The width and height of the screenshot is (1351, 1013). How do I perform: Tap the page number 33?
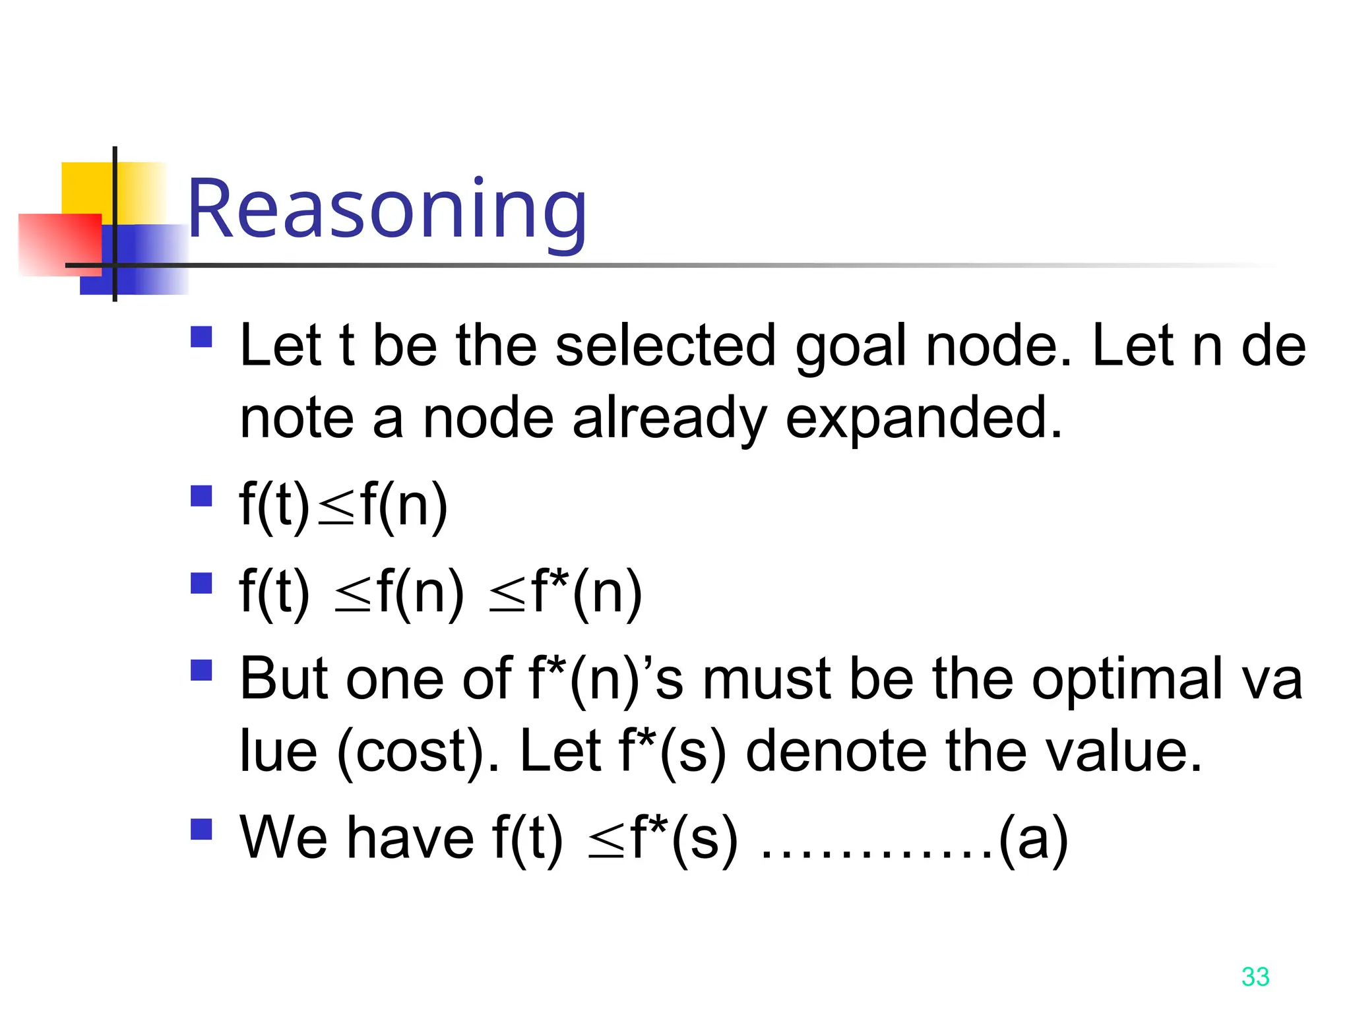pos(1255,977)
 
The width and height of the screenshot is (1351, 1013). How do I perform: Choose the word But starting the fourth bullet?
pos(284,679)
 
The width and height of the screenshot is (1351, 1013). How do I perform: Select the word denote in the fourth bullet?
pos(836,752)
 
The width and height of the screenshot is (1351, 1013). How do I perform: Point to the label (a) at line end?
pos(1033,839)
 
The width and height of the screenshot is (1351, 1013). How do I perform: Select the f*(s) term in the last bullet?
pos(683,839)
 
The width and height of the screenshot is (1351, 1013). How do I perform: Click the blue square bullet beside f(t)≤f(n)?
pos(201,496)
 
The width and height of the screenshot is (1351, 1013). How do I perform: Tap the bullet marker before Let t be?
pos(201,337)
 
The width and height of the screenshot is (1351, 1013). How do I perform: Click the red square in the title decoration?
pos(59,244)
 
